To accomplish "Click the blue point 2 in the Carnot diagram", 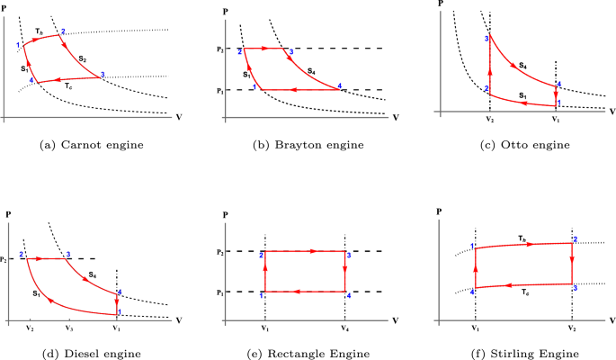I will pyautogui.click(x=63, y=32).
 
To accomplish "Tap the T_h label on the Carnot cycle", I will pyautogui.click(x=39, y=31).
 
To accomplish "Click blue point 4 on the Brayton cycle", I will pyautogui.click(x=340, y=86).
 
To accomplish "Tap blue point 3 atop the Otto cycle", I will pyautogui.click(x=487, y=39).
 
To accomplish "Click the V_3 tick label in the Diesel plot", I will pyautogui.click(x=68, y=327).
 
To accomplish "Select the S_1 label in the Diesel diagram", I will pyautogui.click(x=35, y=292).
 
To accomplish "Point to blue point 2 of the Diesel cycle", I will pyautogui.click(x=21, y=255).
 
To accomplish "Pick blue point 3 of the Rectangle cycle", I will pyautogui.click(x=348, y=256).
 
